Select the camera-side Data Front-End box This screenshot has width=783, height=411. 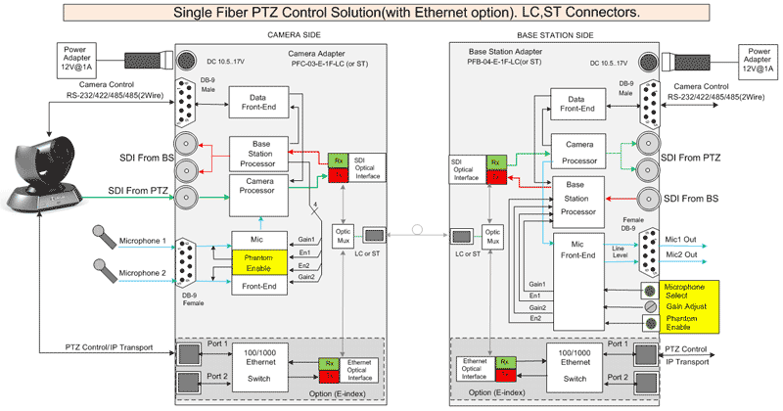click(x=258, y=101)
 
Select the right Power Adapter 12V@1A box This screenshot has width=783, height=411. click(x=759, y=56)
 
